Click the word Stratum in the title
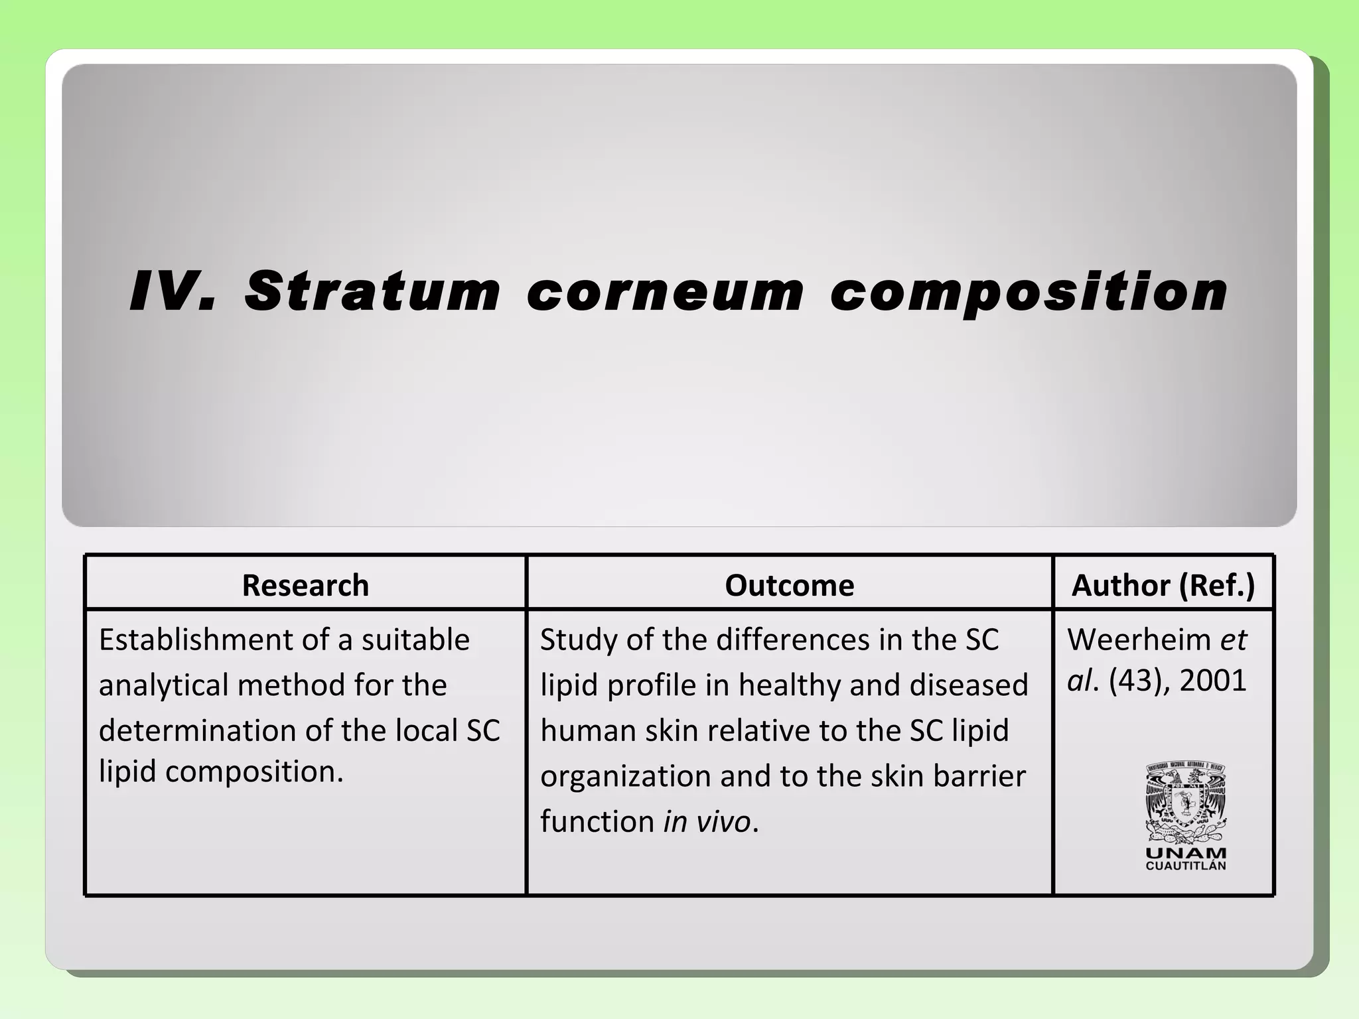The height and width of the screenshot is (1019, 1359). point(372,292)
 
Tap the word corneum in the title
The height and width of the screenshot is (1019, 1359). point(665,292)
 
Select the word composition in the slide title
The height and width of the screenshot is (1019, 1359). point(1028,292)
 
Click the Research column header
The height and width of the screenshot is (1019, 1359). point(305,585)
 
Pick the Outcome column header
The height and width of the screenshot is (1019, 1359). point(789,585)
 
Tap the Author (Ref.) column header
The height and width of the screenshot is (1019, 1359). point(1163,585)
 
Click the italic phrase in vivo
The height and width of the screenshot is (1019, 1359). point(707,822)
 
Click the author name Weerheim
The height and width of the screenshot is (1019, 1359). point(1139,640)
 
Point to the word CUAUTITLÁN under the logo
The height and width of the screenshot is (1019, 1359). point(1186,866)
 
